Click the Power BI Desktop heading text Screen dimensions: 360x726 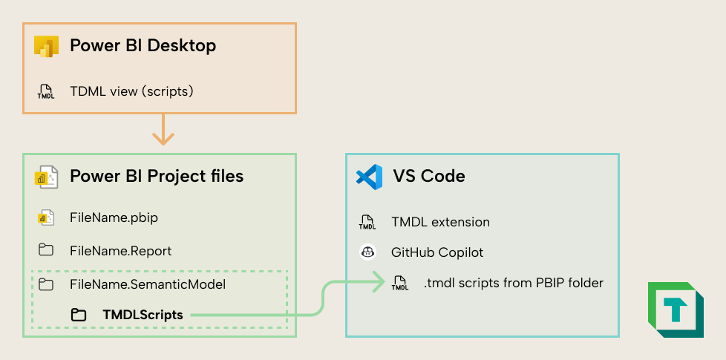[x=143, y=45]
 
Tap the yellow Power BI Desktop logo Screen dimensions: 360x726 [x=46, y=46]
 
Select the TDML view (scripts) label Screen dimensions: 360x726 [x=131, y=91]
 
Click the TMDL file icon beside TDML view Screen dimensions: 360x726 [x=46, y=91]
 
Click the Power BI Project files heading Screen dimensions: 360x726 [x=157, y=176]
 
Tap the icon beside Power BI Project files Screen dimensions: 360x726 [x=46, y=177]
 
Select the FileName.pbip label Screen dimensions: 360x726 [x=114, y=217]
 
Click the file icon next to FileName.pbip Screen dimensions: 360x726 [x=46, y=217]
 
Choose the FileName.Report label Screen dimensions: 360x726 [x=120, y=251]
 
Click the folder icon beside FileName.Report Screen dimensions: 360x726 [x=46, y=251]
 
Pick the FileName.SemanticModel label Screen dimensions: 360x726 [x=147, y=284]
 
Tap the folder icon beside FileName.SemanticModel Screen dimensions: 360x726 [x=46, y=284]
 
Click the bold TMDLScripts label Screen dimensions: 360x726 [x=143, y=315]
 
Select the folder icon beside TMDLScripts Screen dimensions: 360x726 [x=78, y=315]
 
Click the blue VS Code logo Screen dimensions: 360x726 [x=369, y=177]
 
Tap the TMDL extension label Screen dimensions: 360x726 [x=440, y=222]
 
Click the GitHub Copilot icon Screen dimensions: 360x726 [x=367, y=252]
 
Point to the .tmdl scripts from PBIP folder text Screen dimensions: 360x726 [x=513, y=283]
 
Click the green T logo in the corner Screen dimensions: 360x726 [x=676, y=310]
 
